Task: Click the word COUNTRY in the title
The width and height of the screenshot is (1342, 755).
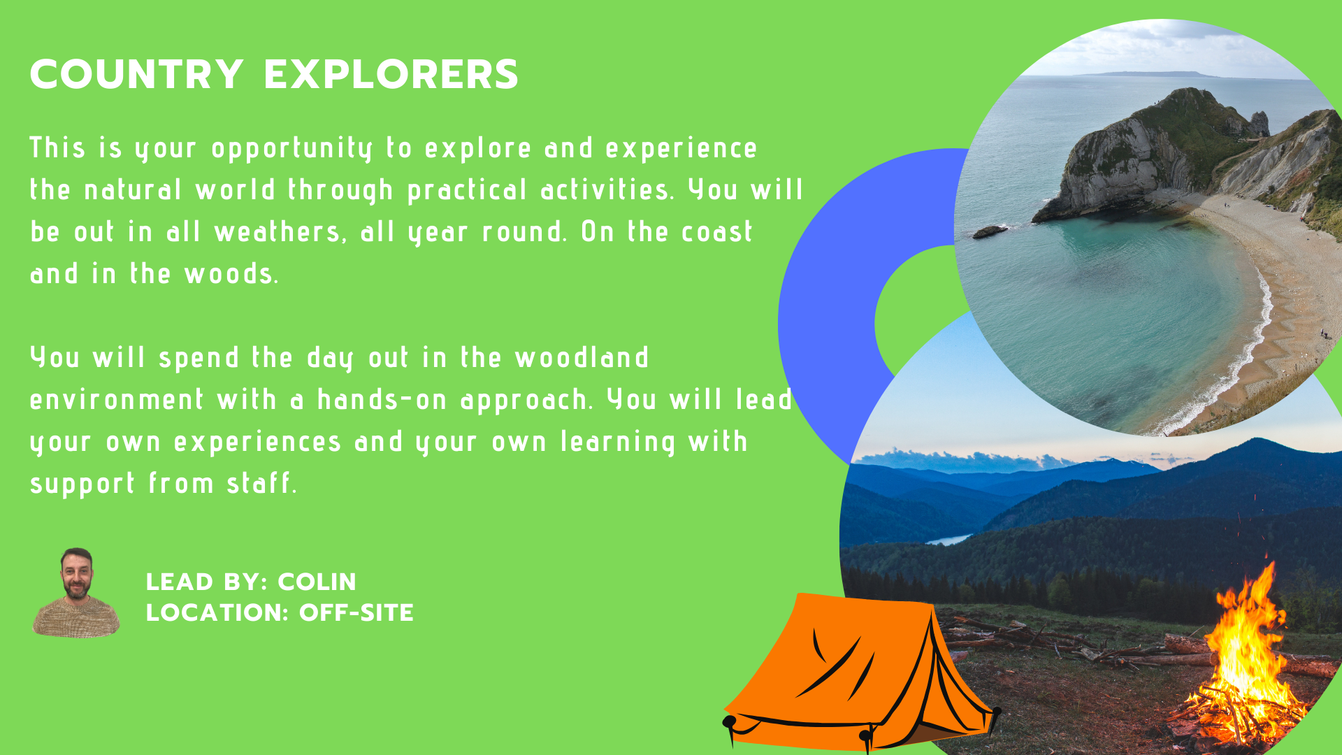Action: [x=137, y=74]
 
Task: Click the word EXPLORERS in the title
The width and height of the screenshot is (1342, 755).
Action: [x=391, y=74]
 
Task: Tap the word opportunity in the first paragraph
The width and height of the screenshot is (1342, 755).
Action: [x=292, y=149]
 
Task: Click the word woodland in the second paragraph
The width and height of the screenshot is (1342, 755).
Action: [x=582, y=357]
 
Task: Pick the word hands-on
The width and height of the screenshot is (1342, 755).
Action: [x=382, y=399]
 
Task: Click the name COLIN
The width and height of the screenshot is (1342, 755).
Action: [x=317, y=582]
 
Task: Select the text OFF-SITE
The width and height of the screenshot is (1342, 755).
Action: [x=356, y=612]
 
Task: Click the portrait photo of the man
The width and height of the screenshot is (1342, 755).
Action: [x=76, y=593]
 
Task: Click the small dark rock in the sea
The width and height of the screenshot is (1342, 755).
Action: [x=991, y=231]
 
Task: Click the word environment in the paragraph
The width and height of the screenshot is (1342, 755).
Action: [x=117, y=399]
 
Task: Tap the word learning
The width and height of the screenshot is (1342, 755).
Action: [x=619, y=443]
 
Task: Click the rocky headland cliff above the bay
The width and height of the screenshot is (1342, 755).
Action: [x=1146, y=154]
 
